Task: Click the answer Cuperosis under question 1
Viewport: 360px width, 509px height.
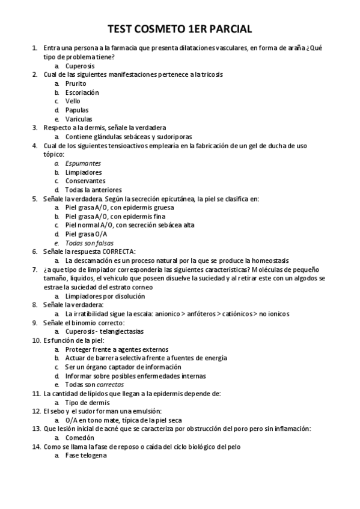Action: [80, 66]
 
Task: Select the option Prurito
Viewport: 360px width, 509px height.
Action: [76, 83]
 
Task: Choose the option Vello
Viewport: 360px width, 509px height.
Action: [73, 101]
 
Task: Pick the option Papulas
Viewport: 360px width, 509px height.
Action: [77, 110]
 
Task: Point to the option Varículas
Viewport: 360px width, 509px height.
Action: [79, 119]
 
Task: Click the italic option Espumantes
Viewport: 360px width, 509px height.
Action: [83, 163]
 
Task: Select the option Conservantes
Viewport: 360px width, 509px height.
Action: [85, 181]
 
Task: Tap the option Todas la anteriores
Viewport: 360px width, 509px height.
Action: [93, 190]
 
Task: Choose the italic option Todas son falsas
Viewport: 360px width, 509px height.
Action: [89, 242]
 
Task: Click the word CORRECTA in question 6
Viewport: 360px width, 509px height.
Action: [118, 251]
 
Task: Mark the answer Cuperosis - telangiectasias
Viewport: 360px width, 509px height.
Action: [105, 331]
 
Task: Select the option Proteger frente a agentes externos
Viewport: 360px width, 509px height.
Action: [117, 349]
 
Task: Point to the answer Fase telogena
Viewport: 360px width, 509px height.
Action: [85, 456]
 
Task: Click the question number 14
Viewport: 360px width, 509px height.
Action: [36, 447]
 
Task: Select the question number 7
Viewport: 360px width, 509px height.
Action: [35, 270]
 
